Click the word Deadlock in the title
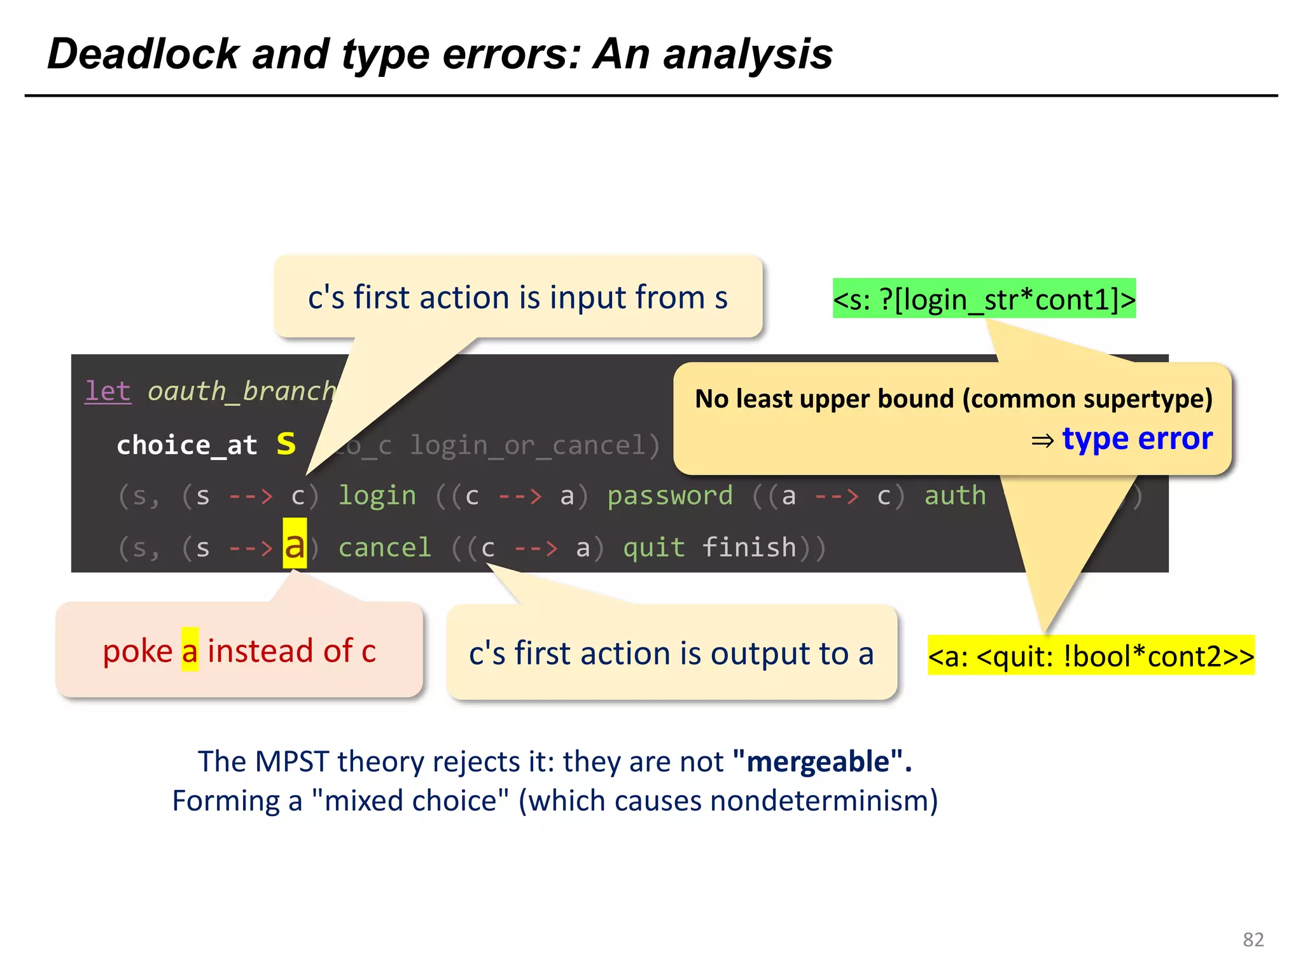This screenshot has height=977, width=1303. (143, 54)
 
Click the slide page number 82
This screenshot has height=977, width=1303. (1253, 939)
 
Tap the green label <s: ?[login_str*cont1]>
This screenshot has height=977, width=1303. (984, 299)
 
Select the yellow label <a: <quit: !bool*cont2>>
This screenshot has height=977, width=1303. (1090, 656)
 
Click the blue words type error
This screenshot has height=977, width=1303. (1137, 439)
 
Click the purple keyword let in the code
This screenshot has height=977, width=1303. (108, 391)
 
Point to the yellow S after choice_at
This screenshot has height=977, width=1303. (286, 444)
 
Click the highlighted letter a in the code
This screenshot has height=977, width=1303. (295, 545)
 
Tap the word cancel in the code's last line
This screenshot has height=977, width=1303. (384, 548)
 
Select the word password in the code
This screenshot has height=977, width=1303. (669, 496)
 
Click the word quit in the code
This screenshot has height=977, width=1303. (653, 548)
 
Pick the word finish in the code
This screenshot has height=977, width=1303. (749, 548)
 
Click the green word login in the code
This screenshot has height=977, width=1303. (377, 496)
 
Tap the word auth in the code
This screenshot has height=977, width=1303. (954, 496)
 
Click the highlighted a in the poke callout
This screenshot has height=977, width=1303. (190, 651)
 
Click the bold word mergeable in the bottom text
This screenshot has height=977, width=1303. (818, 761)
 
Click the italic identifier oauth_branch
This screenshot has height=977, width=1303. (241, 391)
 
